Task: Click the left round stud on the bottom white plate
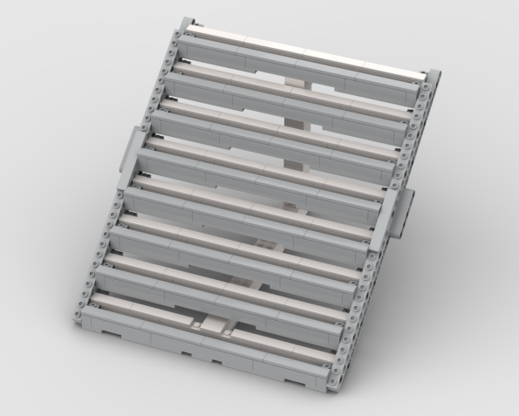[197, 324]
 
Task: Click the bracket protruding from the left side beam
[130, 151]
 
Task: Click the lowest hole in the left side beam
[78, 315]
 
